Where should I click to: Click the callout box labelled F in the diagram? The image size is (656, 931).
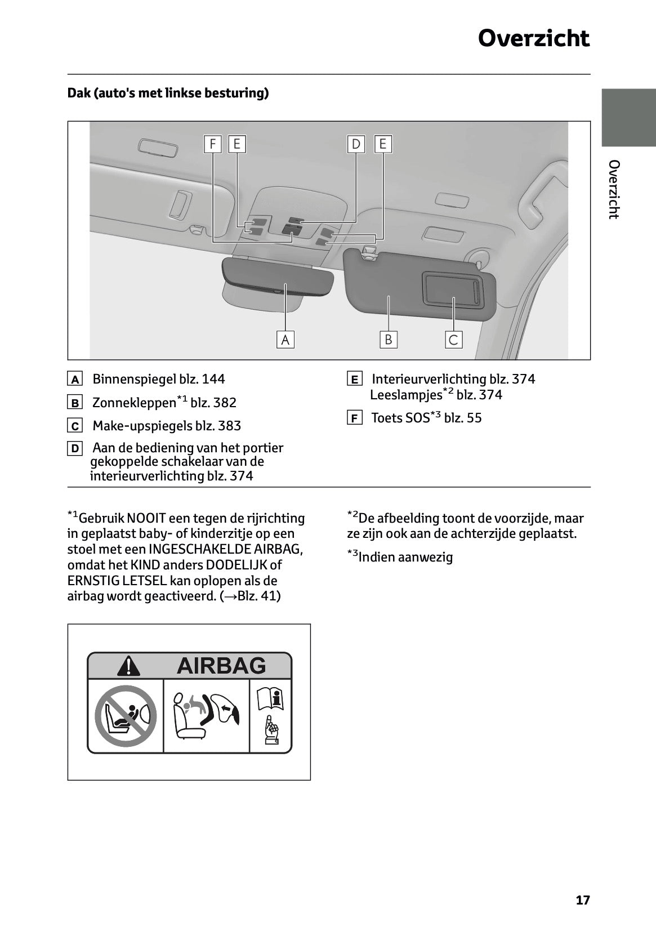tap(212, 144)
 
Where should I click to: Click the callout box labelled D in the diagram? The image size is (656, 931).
tap(356, 144)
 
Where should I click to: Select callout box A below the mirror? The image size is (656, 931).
tap(285, 340)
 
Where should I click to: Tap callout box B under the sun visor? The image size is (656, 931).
tap(388, 340)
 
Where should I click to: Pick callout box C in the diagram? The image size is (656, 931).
tap(453, 340)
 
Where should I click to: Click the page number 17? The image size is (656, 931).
tap(583, 900)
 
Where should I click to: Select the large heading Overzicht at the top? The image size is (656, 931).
tap(533, 38)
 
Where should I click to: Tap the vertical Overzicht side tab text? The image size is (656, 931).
tap(614, 189)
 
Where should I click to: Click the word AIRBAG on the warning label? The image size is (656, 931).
tap(221, 666)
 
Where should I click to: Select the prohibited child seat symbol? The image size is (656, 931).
tap(125, 716)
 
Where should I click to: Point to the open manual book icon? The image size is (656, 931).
tap(270, 699)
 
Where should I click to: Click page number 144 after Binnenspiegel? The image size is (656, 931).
tap(213, 379)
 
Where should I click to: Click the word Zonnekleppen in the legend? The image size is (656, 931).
tap(134, 403)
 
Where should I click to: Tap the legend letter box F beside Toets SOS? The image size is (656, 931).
tap(354, 418)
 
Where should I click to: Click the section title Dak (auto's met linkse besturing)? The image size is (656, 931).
tap(168, 93)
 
